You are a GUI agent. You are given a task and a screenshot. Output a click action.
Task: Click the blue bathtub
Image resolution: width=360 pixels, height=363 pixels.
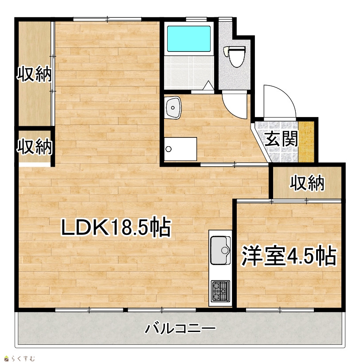pyautogui.click(x=189, y=39)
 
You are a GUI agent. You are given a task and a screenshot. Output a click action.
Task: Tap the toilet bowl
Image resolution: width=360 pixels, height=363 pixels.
pyautogui.click(x=234, y=56)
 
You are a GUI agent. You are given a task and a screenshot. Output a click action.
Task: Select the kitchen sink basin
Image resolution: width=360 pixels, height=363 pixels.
pyautogui.click(x=220, y=250)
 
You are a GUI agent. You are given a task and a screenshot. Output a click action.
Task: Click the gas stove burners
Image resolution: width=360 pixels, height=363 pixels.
pyautogui.click(x=220, y=291)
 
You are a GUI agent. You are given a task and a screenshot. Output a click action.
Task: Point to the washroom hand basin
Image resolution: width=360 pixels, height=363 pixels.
pyautogui.click(x=172, y=108)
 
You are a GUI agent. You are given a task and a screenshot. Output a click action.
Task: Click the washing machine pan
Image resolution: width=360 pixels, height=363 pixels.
pyautogui.click(x=180, y=149)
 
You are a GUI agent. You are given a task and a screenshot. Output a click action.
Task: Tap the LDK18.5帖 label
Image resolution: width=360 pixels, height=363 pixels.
pyautogui.click(x=116, y=227)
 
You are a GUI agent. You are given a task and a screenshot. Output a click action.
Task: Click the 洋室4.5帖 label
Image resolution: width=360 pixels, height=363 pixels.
pyautogui.click(x=289, y=256)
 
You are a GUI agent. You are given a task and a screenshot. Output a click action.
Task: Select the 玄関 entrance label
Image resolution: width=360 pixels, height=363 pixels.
pyautogui.click(x=281, y=139)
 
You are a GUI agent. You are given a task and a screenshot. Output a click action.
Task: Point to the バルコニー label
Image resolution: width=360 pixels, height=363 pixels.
pyautogui.click(x=180, y=328)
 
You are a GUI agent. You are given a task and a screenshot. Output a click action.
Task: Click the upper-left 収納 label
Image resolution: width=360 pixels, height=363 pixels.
pyautogui.click(x=34, y=74)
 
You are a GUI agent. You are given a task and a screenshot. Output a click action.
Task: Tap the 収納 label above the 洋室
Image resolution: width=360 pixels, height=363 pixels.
pyautogui.click(x=307, y=183)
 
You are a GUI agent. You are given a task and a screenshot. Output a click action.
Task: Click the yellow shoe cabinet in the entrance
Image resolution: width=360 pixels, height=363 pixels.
pyautogui.click(x=306, y=142)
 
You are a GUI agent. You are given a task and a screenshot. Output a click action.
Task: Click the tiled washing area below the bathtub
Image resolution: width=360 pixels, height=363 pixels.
pyautogui.click(x=189, y=72)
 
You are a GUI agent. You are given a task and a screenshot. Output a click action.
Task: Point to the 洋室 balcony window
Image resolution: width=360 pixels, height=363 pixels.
pyautogui.click(x=280, y=309)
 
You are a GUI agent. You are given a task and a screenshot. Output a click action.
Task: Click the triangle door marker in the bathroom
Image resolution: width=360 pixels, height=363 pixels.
pyautogui.click(x=208, y=86)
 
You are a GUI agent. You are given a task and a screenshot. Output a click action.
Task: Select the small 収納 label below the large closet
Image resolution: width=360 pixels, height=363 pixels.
pyautogui.click(x=34, y=146)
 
